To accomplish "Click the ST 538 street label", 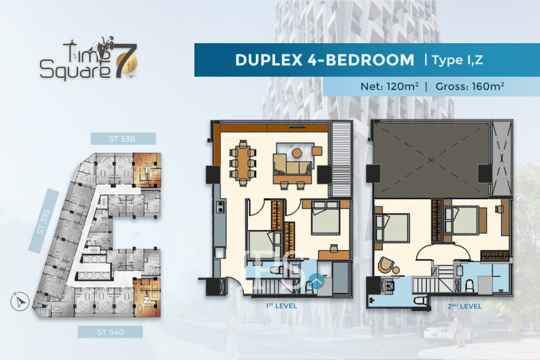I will pos(123,138).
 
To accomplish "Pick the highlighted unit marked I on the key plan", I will pos(147,170).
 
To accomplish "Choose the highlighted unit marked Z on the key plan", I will pos(146,297).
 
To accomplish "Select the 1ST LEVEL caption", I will pos(282,306).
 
